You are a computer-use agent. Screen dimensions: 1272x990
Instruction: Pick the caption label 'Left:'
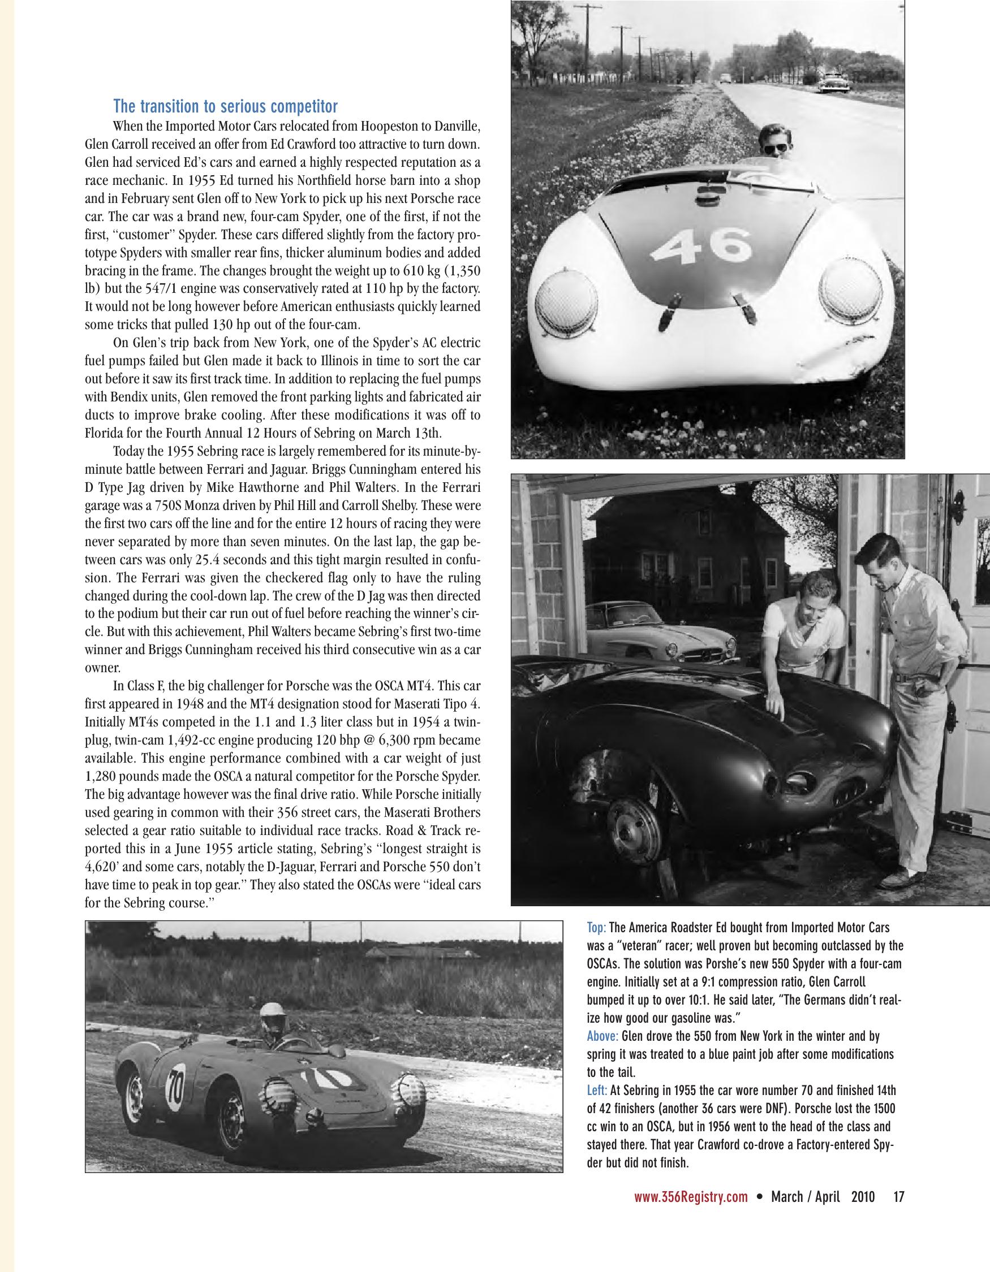[x=597, y=1090]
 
